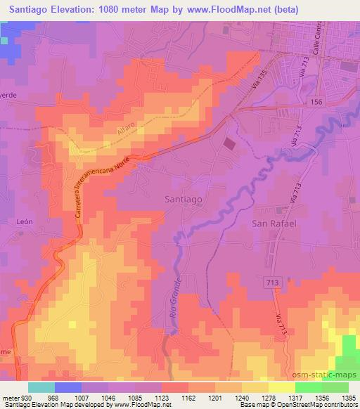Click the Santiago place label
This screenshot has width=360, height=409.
183,200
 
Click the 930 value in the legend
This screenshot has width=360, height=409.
21,398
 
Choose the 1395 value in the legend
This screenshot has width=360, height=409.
347,398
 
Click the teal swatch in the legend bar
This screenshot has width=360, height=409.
41,387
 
